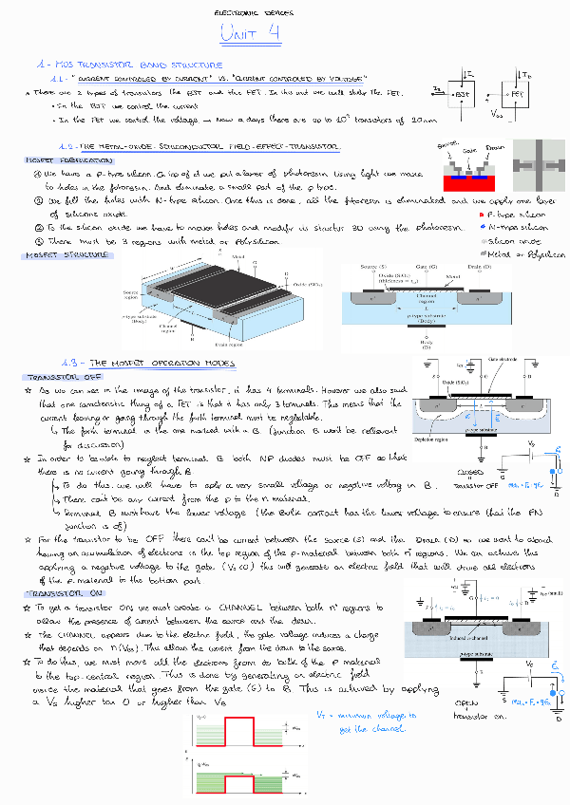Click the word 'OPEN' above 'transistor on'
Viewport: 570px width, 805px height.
469,703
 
